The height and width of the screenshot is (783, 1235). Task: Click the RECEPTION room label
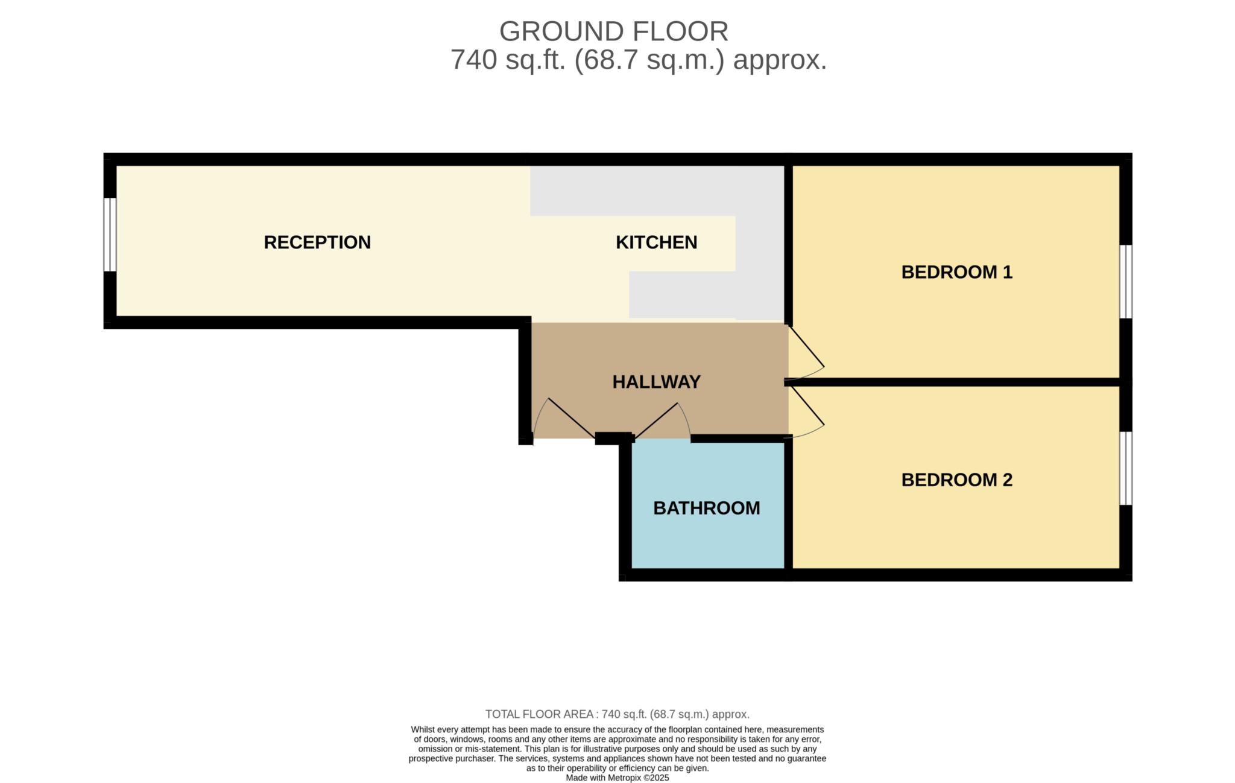[x=317, y=243]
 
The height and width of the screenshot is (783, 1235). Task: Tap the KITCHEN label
[x=656, y=243]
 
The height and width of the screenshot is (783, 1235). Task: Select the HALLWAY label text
[x=656, y=382]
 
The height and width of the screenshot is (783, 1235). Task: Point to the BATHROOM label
[x=706, y=508]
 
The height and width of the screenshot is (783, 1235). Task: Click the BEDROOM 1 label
[x=956, y=272]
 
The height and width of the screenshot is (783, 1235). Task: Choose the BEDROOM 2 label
[x=956, y=480]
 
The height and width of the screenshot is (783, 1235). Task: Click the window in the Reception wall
[x=110, y=235]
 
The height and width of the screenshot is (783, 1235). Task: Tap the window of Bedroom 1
[x=1125, y=281]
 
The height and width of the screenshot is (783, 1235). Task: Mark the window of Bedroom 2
[x=1125, y=468]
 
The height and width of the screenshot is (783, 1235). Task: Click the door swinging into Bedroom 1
[x=806, y=346]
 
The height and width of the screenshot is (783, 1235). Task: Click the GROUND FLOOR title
[x=613, y=31]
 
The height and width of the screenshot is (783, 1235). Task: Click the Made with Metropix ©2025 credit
[x=617, y=778]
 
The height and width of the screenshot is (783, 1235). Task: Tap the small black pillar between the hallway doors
[x=613, y=439]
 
